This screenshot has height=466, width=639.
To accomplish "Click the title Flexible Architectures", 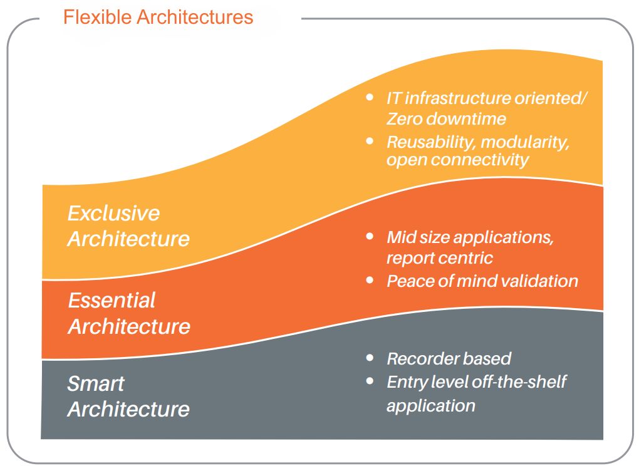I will (x=158, y=17).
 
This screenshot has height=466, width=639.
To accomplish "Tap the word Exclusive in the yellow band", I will (x=113, y=213).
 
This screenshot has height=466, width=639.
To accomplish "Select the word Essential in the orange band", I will (x=112, y=300).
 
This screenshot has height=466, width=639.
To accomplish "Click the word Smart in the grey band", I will (x=96, y=383).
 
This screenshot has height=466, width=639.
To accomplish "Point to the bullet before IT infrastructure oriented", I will (x=370, y=98).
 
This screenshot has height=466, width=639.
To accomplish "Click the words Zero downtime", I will (x=446, y=118).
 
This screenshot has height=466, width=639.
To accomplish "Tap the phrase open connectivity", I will (x=457, y=160).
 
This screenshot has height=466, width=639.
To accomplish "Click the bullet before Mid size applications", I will (x=370, y=237).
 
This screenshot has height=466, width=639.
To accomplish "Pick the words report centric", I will (x=439, y=257).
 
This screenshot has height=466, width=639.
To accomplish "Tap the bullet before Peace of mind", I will (x=370, y=280).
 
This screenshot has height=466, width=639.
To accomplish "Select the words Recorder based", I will (x=449, y=358).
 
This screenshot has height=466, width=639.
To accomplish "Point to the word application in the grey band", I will (x=430, y=405).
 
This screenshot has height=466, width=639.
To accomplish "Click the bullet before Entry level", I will (x=370, y=380).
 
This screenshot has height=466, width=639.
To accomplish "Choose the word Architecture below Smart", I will (x=128, y=409).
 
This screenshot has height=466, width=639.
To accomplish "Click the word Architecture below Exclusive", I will (x=128, y=239).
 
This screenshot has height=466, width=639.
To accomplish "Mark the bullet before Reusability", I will (x=370, y=141).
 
